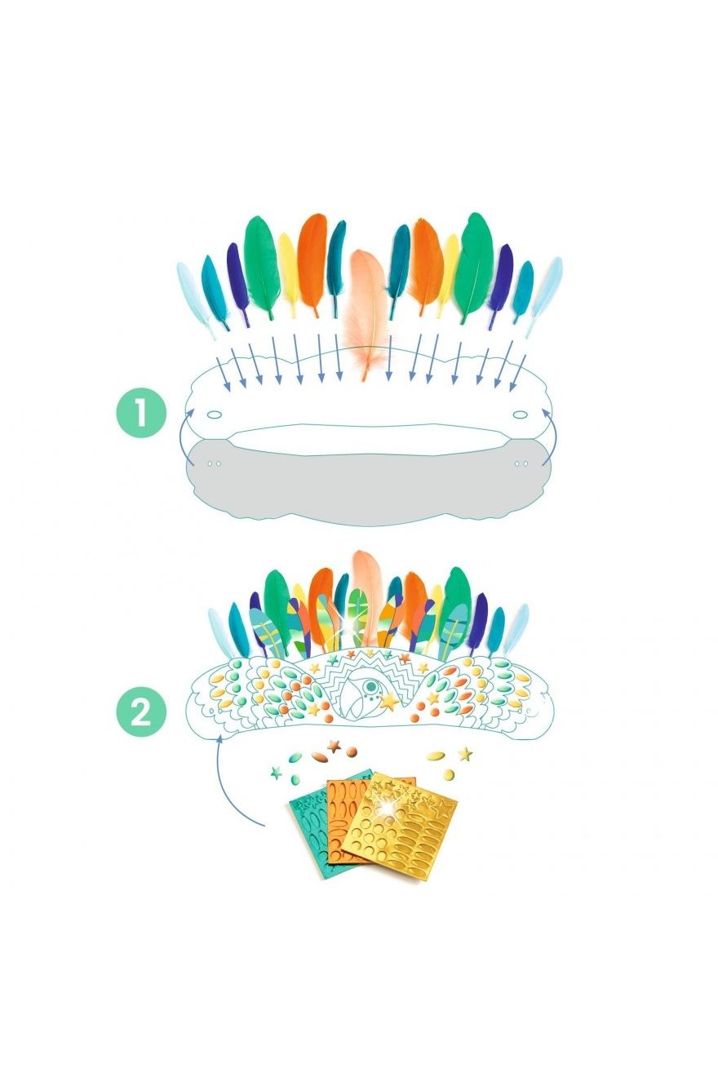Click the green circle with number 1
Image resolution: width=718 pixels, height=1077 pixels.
coord(141,413)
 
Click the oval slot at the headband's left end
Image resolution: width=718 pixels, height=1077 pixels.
coord(215,414)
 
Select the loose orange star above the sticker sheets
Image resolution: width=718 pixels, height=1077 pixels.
coord(333,745)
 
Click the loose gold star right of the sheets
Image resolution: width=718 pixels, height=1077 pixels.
coord(465,753)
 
